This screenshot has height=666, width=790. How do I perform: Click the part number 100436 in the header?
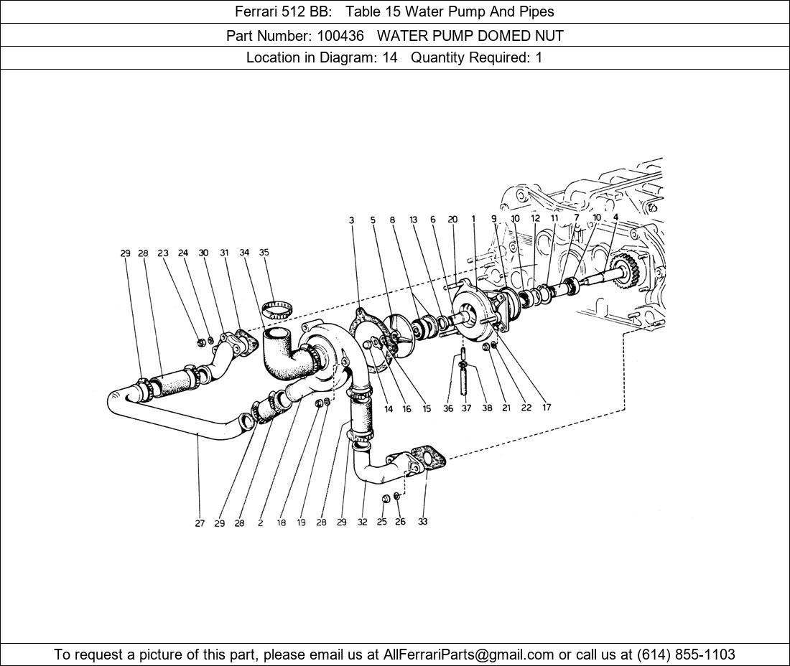(340, 36)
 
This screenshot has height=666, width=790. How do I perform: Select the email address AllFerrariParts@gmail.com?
(468, 655)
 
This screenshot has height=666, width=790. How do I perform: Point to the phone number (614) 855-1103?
(686, 655)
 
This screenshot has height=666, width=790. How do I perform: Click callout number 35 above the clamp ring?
(264, 252)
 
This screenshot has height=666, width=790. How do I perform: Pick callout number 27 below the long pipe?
(200, 523)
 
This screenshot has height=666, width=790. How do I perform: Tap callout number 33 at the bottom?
(423, 522)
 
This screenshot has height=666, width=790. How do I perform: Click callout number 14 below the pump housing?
(389, 409)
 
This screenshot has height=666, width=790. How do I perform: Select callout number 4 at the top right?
(615, 217)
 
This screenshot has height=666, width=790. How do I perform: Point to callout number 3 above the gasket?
(352, 220)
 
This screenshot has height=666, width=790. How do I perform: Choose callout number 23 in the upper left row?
(163, 253)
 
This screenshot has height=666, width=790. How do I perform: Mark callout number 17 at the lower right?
(547, 407)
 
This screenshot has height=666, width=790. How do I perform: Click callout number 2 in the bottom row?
(261, 523)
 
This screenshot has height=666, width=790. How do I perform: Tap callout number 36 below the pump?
(448, 409)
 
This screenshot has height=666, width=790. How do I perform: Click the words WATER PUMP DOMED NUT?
(470, 36)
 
